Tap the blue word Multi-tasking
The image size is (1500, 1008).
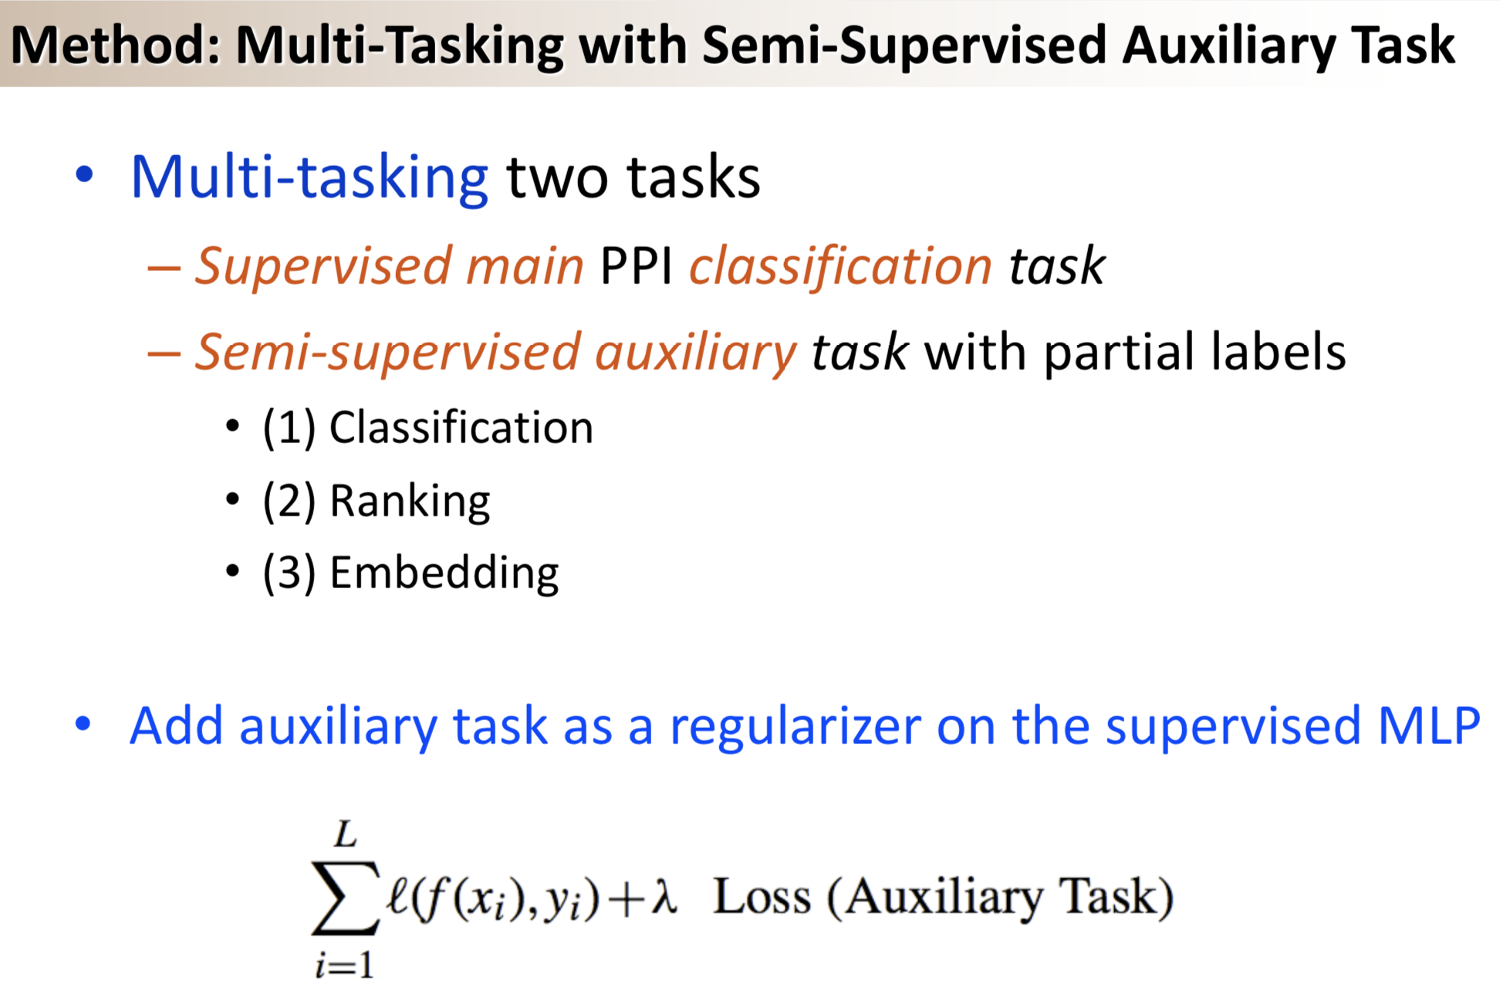tap(309, 178)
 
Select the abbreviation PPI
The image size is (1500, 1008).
tap(636, 267)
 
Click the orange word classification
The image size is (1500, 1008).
tap(840, 267)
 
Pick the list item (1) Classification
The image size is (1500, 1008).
tap(427, 428)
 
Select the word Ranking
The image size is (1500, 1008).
tap(410, 501)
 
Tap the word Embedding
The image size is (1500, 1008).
tap(444, 573)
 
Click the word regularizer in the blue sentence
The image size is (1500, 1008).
tap(795, 726)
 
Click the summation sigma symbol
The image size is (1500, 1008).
tap(345, 898)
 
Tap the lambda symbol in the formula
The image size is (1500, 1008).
tap(663, 898)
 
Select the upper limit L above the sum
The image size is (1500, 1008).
tap(345, 835)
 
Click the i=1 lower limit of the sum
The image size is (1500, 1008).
tap(344, 965)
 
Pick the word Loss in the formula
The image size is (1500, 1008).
tap(762, 898)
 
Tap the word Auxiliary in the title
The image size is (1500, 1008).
tap(1228, 45)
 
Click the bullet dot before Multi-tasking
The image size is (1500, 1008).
tap(84, 174)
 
